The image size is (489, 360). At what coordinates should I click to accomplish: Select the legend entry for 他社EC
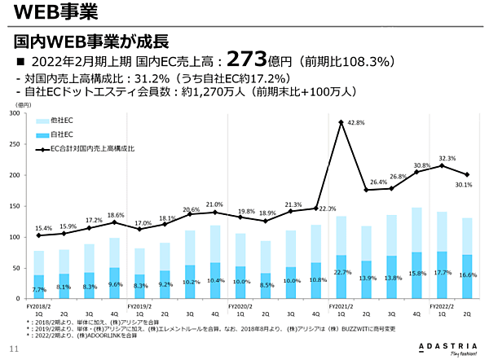pyautogui.click(x=61, y=120)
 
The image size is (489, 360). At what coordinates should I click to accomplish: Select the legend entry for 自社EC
pyautogui.click(x=61, y=134)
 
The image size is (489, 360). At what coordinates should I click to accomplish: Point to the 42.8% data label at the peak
pyautogui.click(x=355, y=123)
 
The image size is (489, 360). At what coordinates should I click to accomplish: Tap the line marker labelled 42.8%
pyautogui.click(x=340, y=122)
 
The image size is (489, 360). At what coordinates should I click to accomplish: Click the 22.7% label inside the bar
pyautogui.click(x=341, y=272)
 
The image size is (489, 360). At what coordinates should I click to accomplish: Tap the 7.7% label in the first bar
pyautogui.click(x=38, y=289)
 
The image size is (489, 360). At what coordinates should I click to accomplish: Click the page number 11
pyautogui.click(x=13, y=350)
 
